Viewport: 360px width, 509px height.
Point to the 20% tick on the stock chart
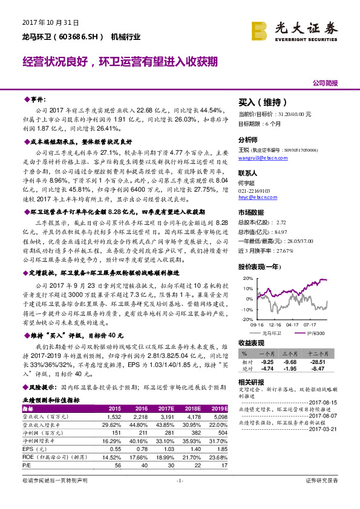(247, 279)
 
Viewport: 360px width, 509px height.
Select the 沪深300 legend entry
(315, 333)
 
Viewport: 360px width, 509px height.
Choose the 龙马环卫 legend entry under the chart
(270, 333)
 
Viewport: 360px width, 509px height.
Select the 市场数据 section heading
(252, 213)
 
